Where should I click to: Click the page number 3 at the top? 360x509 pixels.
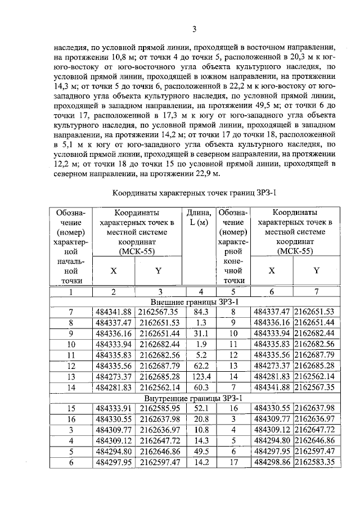point(193,30)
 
